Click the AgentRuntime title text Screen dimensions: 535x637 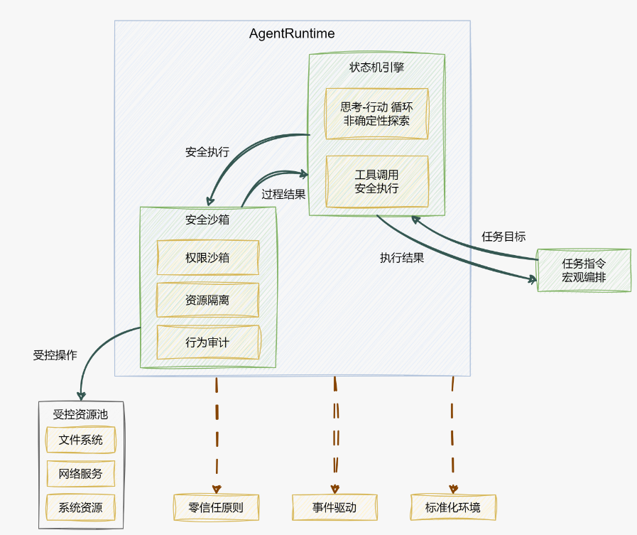(292, 34)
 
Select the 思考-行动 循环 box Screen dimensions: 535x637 (376, 114)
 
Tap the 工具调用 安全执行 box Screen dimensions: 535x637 (376, 181)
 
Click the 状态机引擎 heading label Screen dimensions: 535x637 (376, 68)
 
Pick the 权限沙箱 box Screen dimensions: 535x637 (207, 257)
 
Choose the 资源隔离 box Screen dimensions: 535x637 (207, 300)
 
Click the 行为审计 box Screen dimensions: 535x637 (207, 342)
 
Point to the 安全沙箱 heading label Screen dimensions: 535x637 (207, 220)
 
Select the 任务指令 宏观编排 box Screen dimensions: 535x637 (584, 270)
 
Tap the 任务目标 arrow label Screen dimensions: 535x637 (503, 237)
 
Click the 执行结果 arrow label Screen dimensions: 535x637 (402, 258)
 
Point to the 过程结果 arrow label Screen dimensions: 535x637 (283, 194)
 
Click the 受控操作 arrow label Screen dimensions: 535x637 (55, 355)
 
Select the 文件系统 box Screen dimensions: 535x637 (81, 440)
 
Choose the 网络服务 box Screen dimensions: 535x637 (81, 473)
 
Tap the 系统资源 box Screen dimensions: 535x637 (81, 507)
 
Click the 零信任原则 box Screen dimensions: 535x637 (217, 507)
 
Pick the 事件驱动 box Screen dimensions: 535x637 (334, 507)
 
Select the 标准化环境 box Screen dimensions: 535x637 (453, 507)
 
